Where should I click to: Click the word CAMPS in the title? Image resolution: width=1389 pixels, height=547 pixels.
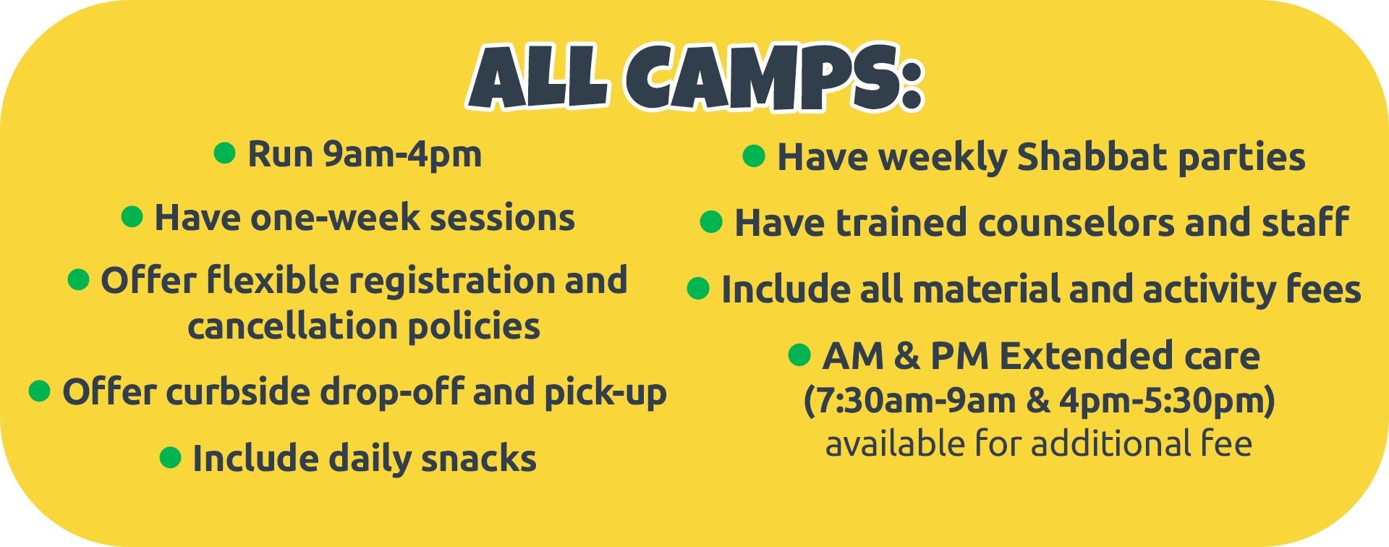[774, 77]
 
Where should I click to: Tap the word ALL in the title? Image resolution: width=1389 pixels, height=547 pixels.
[540, 77]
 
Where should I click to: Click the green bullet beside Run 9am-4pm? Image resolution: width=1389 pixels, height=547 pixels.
[225, 153]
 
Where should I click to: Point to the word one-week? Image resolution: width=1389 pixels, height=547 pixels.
[335, 218]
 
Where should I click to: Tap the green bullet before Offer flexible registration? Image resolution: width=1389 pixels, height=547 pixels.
[78, 279]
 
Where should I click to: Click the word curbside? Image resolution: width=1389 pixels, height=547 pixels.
[238, 391]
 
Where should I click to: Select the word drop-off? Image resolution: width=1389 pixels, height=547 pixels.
[392, 393]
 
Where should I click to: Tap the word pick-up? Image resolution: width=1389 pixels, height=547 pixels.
[606, 393]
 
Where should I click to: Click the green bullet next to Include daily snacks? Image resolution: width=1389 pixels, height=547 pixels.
[170, 457]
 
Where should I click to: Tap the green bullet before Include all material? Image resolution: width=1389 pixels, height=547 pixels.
[698, 288]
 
